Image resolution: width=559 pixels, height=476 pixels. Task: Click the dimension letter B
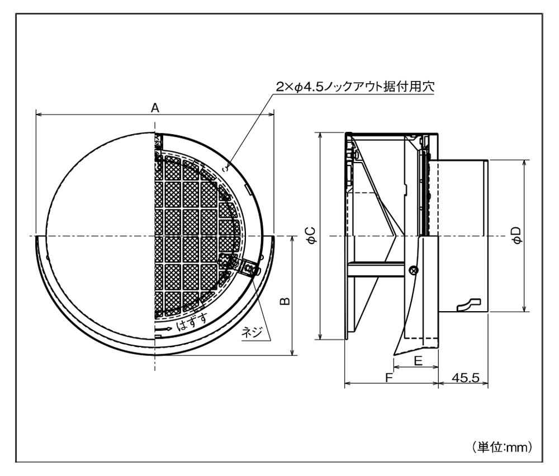(x=285, y=302)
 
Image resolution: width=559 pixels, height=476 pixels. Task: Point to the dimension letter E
(x=417, y=361)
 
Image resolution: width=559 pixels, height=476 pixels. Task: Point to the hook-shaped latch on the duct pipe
(x=468, y=304)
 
